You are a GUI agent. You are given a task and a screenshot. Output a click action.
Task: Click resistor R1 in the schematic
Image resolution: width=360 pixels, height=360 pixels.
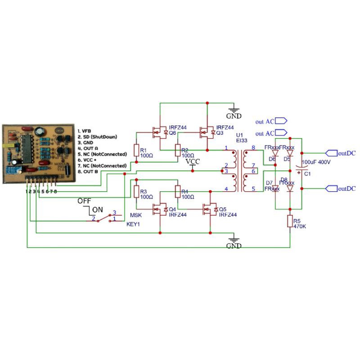coord(136,150)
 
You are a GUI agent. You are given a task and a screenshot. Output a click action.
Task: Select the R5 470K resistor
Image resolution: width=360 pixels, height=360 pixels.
coord(290,221)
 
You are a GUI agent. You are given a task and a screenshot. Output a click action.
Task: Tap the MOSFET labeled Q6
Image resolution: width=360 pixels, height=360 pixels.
coord(158,132)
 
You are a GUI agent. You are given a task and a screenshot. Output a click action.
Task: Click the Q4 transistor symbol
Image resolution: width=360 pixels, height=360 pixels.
coord(158,209)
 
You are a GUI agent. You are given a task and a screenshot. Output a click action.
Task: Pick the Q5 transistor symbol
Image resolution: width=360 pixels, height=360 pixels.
coord(209,209)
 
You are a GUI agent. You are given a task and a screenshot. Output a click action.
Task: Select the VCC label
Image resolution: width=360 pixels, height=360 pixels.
coord(193,162)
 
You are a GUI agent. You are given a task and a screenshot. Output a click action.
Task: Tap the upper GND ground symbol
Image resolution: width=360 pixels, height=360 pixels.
coord(234,110)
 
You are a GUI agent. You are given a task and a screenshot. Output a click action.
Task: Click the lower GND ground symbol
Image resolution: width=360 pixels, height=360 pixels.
coord(234,240)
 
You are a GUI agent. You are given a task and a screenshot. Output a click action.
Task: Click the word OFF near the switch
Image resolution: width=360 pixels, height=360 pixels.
coord(84,201)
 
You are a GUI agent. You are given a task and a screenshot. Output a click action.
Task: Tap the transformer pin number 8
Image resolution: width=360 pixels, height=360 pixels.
coord(253,148)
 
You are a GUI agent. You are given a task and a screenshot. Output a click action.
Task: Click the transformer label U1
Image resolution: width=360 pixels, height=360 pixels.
coord(239,135)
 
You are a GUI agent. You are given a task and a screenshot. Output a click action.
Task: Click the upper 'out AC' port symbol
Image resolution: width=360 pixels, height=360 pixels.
coord(280,121)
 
